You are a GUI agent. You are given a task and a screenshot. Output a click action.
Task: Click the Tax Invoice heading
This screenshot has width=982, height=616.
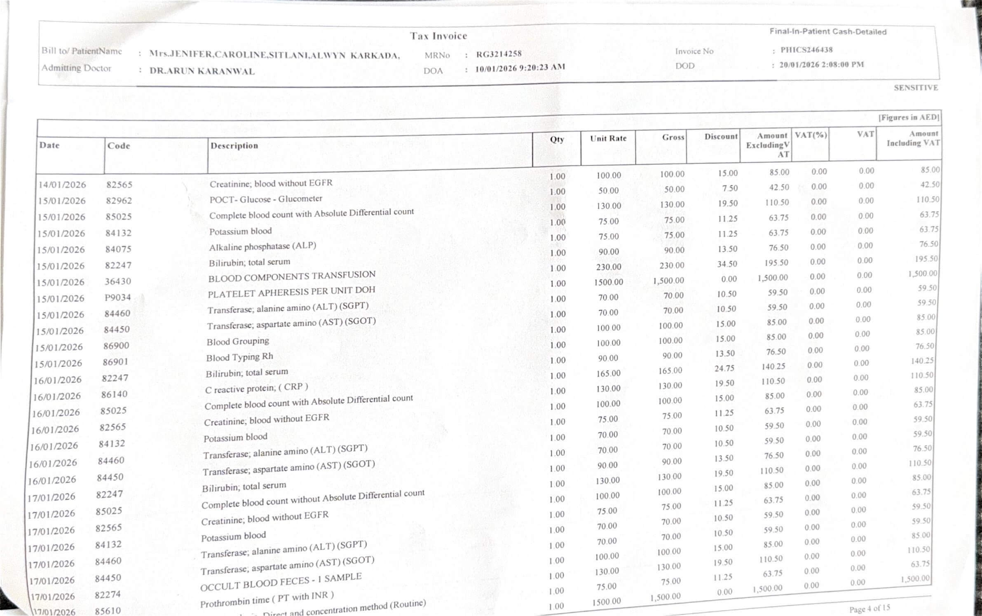438,36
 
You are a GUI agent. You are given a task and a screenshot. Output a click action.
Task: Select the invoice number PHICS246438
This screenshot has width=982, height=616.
806,50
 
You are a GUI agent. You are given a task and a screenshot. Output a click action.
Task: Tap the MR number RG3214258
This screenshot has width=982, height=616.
499,54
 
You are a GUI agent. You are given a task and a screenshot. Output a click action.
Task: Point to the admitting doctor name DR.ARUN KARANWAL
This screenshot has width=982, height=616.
202,71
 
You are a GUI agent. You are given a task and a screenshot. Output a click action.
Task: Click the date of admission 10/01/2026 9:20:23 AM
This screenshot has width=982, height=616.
520,68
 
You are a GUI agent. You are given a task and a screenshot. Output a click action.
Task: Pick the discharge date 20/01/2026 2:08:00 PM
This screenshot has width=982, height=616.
821,65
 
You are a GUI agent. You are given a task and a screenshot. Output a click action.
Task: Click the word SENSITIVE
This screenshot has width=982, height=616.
916,88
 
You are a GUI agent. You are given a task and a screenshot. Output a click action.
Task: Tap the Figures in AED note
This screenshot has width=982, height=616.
909,117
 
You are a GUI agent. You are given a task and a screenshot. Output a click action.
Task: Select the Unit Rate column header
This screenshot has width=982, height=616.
608,138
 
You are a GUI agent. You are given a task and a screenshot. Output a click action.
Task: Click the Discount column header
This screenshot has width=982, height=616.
721,137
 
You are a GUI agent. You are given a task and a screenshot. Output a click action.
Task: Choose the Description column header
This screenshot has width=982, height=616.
234,145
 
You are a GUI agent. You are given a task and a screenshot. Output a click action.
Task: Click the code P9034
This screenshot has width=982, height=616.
118,297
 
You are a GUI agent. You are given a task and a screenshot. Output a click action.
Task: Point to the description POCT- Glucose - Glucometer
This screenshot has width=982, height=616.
266,199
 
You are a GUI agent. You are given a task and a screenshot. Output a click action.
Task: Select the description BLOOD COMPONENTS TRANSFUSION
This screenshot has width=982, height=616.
292,276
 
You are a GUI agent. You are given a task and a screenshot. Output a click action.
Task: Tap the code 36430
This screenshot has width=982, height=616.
118,281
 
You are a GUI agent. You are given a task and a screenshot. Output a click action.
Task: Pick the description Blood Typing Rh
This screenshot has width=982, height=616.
239,357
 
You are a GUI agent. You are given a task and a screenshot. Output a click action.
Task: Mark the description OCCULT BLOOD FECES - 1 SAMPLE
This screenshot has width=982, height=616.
281,582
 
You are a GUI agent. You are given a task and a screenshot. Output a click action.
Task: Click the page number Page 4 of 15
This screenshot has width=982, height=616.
870,609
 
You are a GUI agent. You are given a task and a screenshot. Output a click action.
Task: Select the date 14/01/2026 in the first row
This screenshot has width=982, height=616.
62,185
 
